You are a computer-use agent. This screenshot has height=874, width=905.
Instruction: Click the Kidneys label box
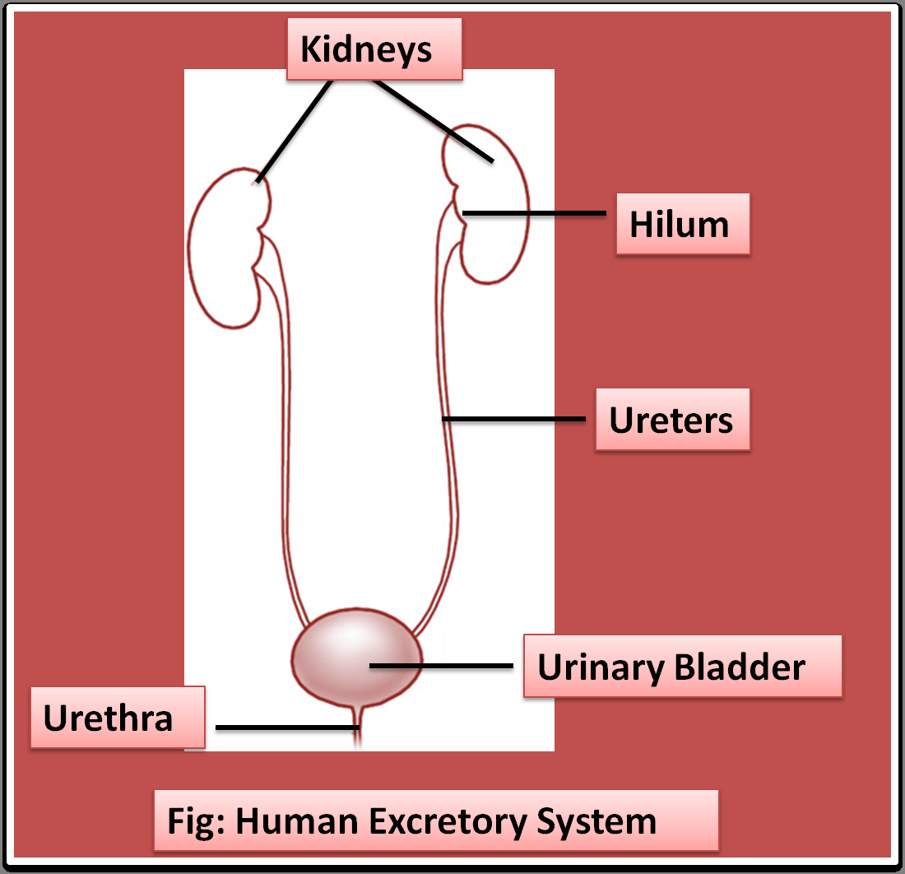point(374,50)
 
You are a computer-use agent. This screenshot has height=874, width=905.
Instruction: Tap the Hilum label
point(682,225)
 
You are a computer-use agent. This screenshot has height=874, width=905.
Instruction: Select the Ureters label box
point(672,420)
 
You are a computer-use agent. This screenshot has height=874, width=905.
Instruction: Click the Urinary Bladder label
point(682,666)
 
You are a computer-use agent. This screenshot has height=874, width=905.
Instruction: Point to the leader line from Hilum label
point(535,213)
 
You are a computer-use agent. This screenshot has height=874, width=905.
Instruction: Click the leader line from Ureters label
point(514,419)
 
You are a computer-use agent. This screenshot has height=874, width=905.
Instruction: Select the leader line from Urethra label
point(284,728)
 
